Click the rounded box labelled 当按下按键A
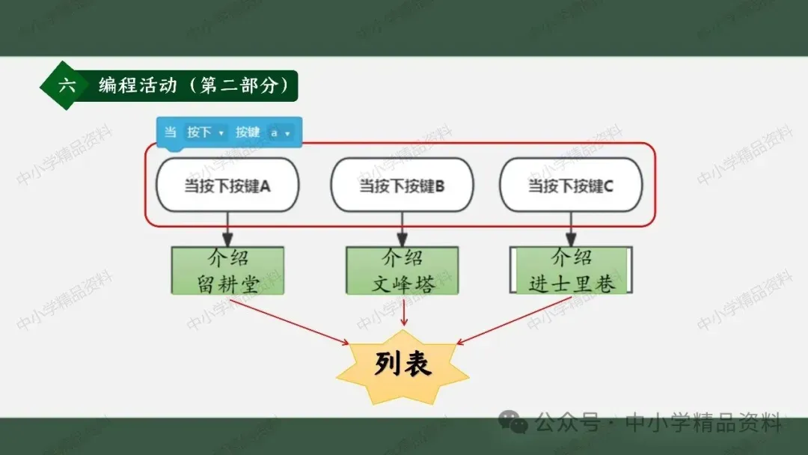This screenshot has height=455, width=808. click(x=227, y=185)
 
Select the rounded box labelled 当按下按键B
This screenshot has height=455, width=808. click(x=402, y=185)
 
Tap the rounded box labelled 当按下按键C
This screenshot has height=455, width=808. click(x=571, y=185)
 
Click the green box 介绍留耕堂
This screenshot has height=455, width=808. click(x=227, y=270)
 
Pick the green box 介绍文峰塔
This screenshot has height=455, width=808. click(x=403, y=270)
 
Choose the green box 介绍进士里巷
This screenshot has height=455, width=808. click(x=572, y=270)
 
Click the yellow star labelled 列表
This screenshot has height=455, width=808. click(x=403, y=365)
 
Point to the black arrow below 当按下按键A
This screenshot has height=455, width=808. click(x=227, y=229)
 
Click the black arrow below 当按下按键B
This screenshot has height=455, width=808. click(x=403, y=229)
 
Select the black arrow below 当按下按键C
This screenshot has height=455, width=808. click(x=571, y=229)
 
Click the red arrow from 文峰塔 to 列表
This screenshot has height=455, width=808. click(x=404, y=311)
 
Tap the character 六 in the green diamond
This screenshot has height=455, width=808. click(x=67, y=85)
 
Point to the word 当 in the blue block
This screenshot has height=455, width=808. click(x=171, y=132)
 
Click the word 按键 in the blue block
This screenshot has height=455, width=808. click(x=248, y=132)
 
